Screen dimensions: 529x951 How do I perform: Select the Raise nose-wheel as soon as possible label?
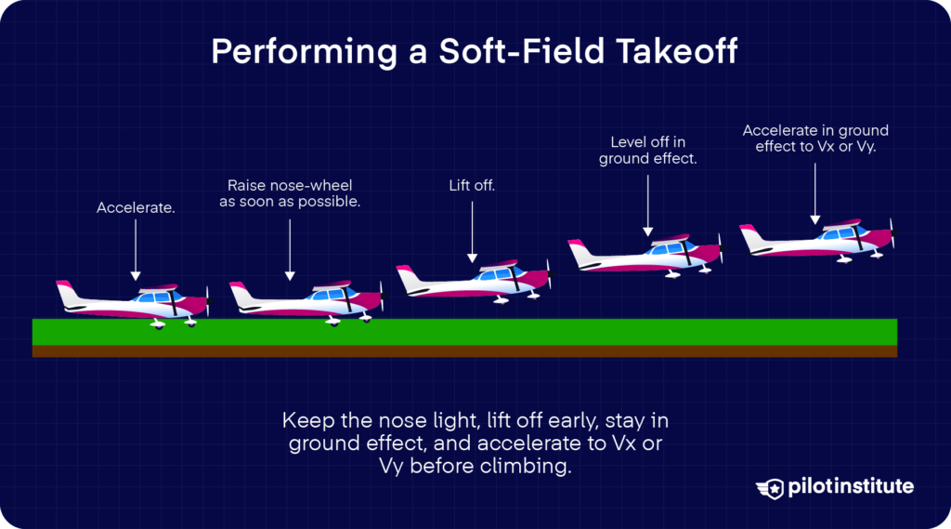tap(290, 192)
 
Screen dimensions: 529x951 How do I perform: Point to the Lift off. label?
tap(472, 186)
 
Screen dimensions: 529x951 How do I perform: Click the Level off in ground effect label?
tap(647, 151)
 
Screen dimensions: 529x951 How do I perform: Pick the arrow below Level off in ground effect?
tap(647, 201)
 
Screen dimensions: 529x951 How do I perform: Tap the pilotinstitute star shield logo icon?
tap(769, 487)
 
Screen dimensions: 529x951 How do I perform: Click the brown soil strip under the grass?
tap(464, 351)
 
